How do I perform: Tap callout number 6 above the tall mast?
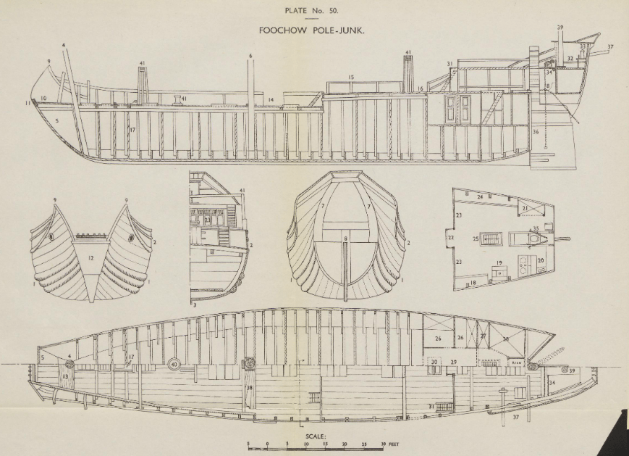click(x=250, y=56)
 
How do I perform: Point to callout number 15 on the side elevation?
click(x=351, y=77)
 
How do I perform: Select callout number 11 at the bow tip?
click(x=28, y=104)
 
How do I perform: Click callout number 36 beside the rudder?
click(x=536, y=132)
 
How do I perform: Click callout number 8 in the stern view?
click(x=345, y=238)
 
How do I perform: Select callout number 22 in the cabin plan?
click(x=450, y=238)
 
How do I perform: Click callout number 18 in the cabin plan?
click(x=473, y=283)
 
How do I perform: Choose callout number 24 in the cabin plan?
click(x=479, y=196)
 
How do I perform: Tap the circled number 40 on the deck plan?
click(x=174, y=364)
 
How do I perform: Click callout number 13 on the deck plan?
click(x=66, y=377)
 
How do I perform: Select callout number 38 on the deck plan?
click(x=250, y=388)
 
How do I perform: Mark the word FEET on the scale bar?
click(x=394, y=444)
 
